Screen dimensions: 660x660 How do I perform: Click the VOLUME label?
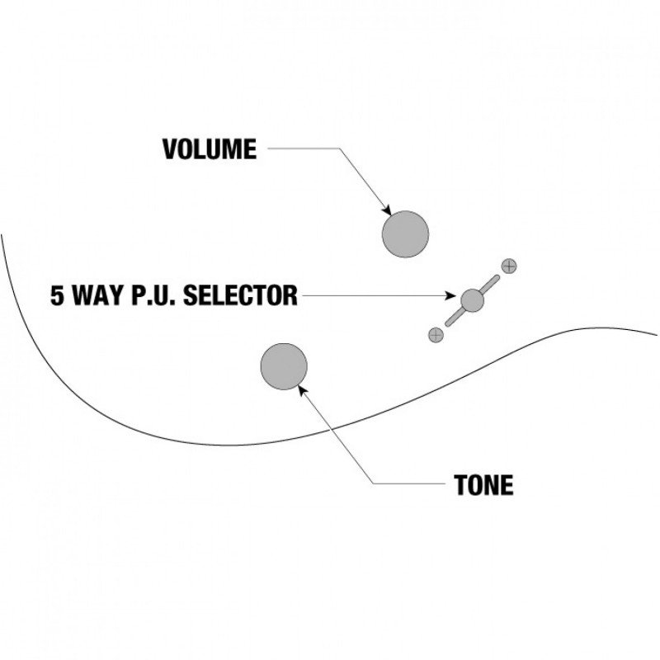(x=210, y=149)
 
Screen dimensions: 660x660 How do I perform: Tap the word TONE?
(x=483, y=484)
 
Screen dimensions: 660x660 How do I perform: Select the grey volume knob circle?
(x=406, y=234)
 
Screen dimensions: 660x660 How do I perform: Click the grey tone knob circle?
(x=284, y=367)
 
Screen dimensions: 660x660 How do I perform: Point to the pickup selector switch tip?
(x=473, y=299)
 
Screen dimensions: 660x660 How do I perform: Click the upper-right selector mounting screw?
(x=510, y=266)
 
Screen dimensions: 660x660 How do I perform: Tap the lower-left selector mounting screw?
(x=436, y=334)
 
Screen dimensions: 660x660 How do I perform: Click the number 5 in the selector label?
(x=58, y=295)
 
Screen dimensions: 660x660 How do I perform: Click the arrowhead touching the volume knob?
(x=386, y=210)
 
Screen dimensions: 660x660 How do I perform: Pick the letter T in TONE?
(x=460, y=484)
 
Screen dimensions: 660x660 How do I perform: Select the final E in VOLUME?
(x=249, y=149)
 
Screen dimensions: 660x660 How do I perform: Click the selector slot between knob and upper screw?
(x=490, y=284)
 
